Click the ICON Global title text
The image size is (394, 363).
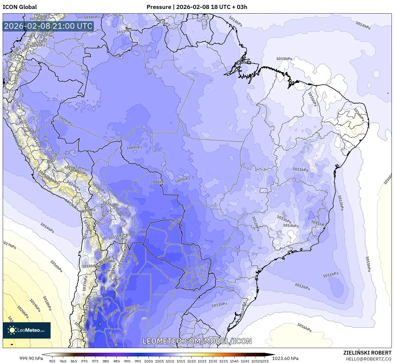20,7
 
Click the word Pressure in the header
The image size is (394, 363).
159,7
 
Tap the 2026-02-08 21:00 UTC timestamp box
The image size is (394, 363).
48,26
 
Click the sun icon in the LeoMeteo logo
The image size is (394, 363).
12,330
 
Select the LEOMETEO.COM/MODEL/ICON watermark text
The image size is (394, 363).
197,341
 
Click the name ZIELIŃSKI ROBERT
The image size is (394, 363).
367,353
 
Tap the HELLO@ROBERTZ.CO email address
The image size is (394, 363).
368,359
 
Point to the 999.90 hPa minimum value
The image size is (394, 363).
31,358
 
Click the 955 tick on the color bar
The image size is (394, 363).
52,361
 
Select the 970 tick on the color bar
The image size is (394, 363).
84,361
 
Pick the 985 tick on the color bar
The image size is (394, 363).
116,361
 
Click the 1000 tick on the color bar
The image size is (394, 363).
148,361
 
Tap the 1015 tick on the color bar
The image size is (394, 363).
181,361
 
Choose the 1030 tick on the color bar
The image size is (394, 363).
213,361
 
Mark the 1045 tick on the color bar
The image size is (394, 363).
245,361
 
